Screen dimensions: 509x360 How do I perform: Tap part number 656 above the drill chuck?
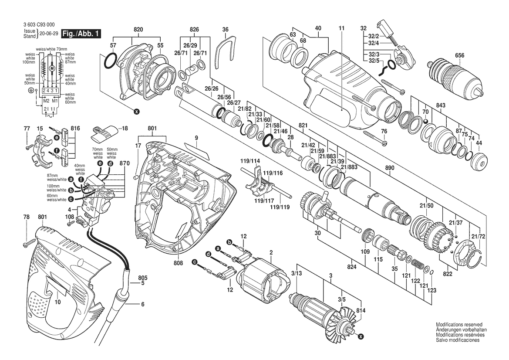(459, 55)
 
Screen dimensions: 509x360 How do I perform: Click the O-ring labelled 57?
(110, 61)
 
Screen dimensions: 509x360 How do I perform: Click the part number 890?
(390, 168)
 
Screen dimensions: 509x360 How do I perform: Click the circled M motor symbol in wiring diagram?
(52, 68)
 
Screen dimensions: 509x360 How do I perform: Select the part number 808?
(178, 262)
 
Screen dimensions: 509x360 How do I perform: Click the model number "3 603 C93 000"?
(39, 25)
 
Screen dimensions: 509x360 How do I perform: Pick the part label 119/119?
(280, 207)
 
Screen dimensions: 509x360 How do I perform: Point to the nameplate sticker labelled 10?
(57, 286)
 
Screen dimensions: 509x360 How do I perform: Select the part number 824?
(351, 267)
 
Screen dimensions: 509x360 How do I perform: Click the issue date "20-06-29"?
(48, 33)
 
